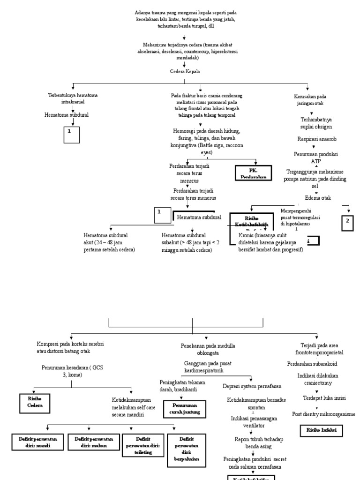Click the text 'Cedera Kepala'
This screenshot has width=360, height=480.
click(185, 72)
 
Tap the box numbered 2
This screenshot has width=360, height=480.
click(347, 223)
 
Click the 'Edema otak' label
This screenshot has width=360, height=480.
click(317, 198)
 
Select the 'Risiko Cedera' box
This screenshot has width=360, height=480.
click(34, 402)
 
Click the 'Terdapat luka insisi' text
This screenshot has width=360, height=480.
click(324, 398)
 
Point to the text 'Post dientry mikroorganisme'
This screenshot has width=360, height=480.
click(323, 414)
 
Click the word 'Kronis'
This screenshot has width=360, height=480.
click(248, 235)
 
